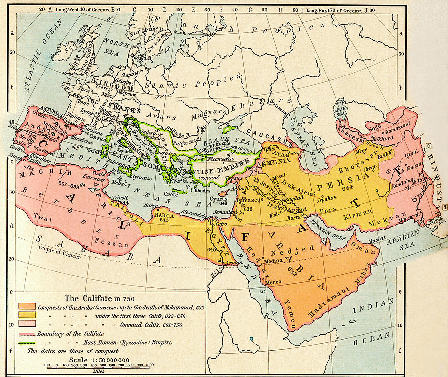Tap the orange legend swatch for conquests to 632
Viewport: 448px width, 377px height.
click(x=27, y=305)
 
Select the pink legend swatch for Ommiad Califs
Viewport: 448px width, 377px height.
click(x=27, y=323)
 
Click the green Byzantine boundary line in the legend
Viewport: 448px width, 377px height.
click(x=27, y=342)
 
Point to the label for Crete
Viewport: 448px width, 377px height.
click(x=171, y=194)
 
